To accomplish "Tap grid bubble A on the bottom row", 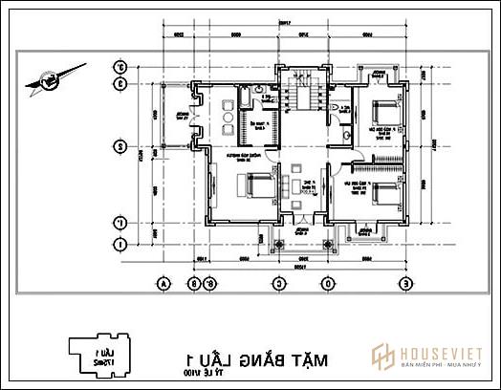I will click(x=164, y=283).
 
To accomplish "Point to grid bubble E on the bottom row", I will click(x=405, y=283).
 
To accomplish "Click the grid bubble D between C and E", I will click(x=328, y=283).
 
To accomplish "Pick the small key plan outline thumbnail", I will click(x=97, y=359).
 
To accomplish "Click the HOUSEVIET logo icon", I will click(x=384, y=354).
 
